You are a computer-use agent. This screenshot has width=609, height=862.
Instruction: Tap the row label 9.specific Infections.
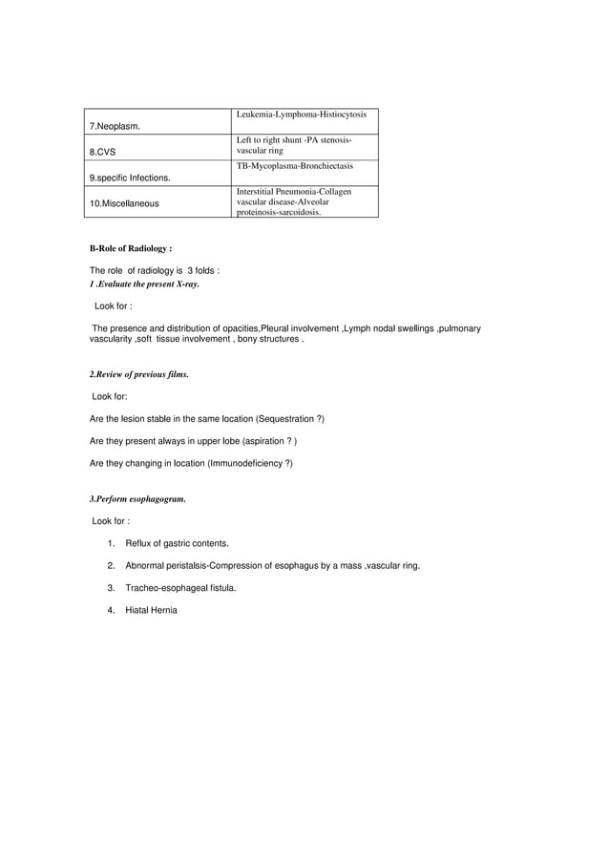131,178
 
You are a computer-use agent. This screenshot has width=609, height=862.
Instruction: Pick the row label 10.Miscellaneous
124,203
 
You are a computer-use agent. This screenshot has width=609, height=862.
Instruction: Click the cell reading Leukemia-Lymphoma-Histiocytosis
301,115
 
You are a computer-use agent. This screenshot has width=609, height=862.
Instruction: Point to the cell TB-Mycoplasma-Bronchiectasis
294,166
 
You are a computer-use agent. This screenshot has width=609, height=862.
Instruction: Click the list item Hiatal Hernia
151,610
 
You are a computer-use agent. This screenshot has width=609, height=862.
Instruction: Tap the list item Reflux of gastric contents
177,543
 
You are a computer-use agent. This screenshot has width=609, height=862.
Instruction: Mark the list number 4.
111,610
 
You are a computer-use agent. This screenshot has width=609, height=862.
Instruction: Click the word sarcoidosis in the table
297,214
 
